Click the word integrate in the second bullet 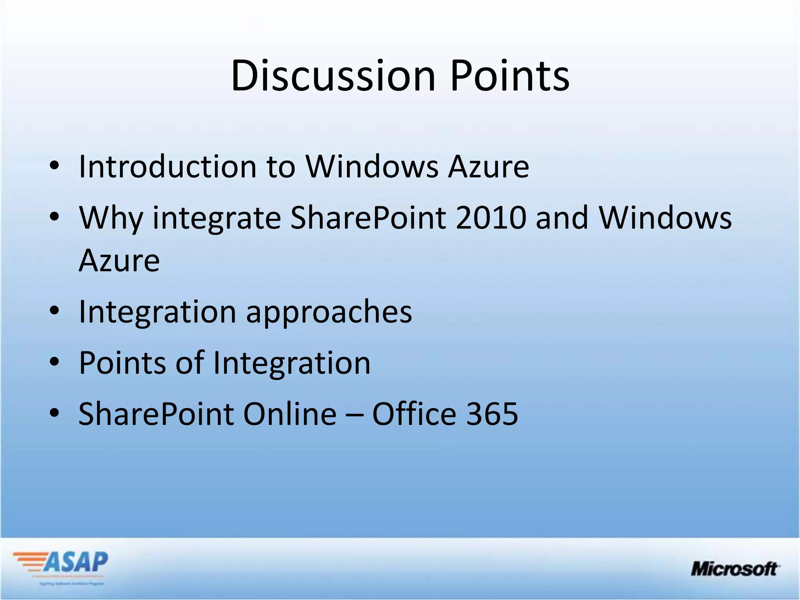[x=217, y=219]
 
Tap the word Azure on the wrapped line [x=119, y=261]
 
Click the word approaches [x=329, y=312]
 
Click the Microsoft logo [x=735, y=568]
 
